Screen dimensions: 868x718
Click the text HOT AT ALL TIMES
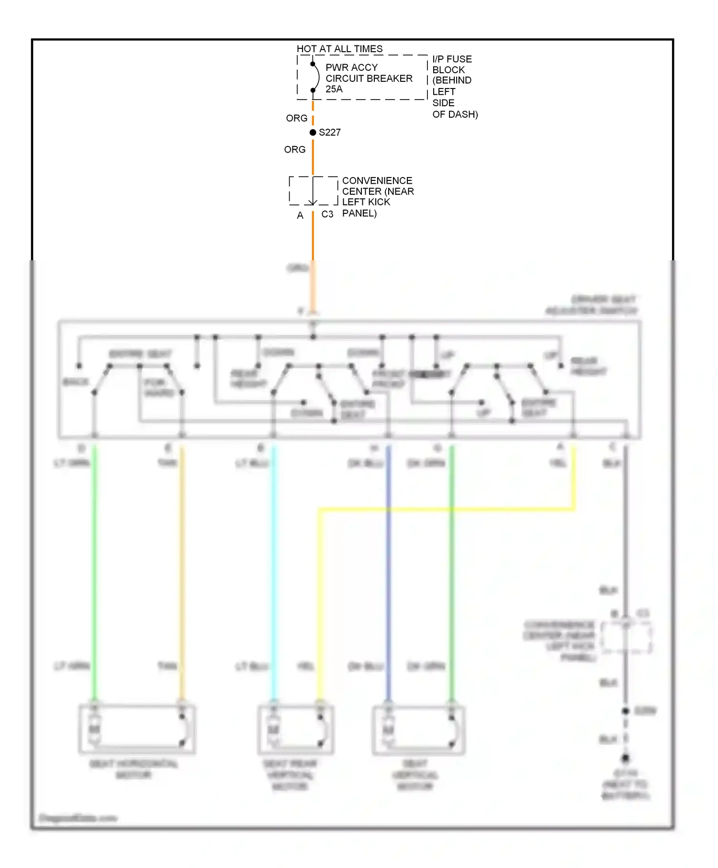339,49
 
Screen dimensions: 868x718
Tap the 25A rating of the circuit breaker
334,89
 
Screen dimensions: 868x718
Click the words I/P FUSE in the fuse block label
452,59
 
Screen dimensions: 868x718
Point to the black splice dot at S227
313,133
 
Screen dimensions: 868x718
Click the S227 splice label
330,133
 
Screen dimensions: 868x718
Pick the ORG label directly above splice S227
296,118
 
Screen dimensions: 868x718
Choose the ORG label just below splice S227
294,150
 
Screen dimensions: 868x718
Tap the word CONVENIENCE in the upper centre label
377,181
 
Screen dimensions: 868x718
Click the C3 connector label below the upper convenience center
327,214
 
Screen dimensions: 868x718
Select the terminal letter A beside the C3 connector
300,216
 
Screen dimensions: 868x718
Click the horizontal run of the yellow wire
445,510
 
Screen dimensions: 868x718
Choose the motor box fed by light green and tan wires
137,729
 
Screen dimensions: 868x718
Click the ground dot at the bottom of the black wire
625,758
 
